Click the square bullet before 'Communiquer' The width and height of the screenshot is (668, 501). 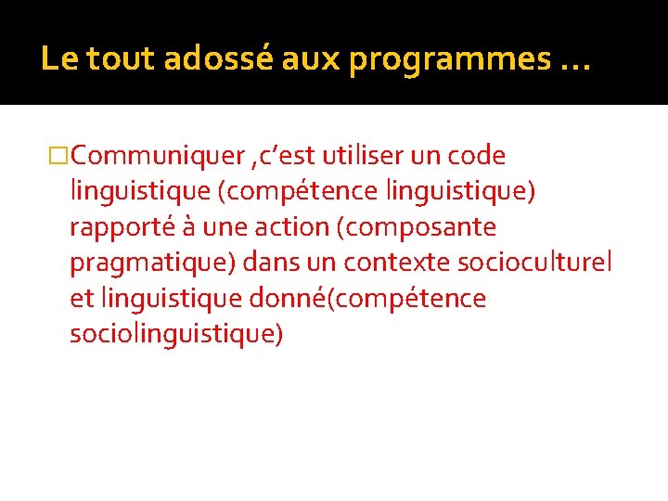point(58,156)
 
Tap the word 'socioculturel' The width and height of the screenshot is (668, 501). point(535,263)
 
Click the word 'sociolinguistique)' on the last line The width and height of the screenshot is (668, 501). point(176,334)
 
